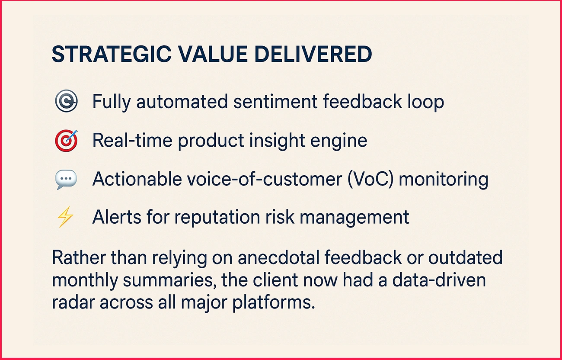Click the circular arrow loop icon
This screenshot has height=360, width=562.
click(66, 102)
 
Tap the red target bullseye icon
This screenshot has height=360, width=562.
click(66, 141)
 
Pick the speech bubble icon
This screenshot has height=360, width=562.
click(66, 179)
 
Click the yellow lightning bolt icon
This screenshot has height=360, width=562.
click(66, 217)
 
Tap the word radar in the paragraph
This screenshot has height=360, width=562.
click(73, 302)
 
